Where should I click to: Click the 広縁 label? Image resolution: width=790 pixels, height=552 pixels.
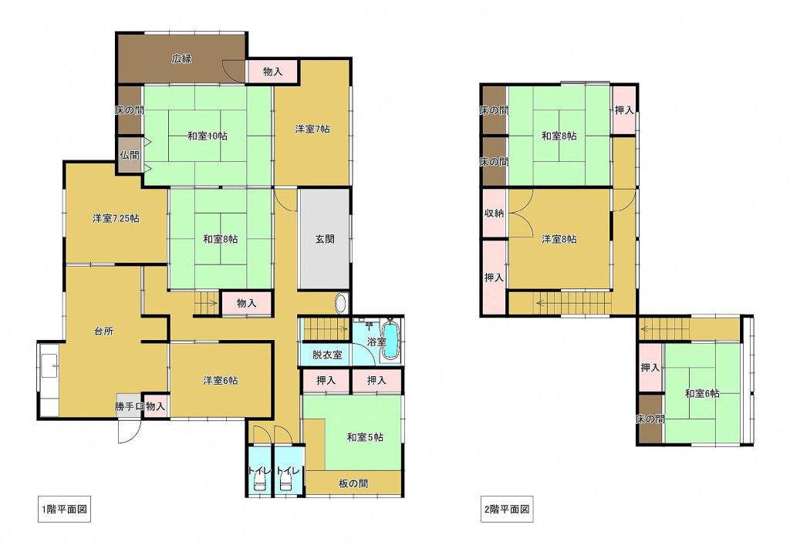181,59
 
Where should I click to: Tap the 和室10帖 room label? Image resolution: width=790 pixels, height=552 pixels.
208,136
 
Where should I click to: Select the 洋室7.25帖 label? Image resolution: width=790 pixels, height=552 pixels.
116,219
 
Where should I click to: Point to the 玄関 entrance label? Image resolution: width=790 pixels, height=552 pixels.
325,239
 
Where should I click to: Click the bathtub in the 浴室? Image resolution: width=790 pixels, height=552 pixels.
390,341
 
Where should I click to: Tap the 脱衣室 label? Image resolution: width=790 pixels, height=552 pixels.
327,355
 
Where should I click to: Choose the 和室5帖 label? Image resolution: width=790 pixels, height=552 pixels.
365,437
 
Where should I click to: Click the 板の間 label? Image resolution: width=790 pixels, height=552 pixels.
353,483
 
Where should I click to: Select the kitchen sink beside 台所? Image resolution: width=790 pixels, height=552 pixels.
49,366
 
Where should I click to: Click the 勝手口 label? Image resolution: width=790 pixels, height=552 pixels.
130,406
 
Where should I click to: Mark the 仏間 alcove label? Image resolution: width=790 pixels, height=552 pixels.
130,155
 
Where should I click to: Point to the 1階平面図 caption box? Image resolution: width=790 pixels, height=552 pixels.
64,509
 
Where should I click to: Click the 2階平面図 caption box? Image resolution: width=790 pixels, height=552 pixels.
506,509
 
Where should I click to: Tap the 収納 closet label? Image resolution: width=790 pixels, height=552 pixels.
494,213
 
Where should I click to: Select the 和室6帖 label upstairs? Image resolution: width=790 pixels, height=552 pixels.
702,393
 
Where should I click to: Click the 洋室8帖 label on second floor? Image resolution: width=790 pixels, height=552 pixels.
559,239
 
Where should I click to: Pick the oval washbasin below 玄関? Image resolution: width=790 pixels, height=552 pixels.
341,304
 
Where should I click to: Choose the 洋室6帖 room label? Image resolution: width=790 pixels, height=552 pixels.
220,381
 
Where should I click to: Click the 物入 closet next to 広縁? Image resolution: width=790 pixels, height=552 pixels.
272,72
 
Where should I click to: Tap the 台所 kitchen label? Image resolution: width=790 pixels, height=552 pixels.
104,331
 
